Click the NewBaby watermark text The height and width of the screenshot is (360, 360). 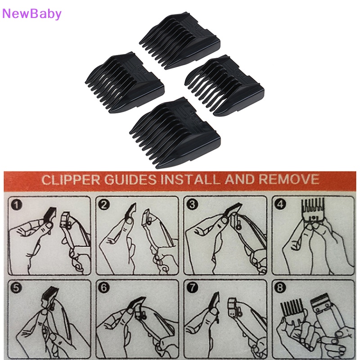coord(31,13)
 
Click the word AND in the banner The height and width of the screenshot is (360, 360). coord(237,180)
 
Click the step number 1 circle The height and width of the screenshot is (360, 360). coord(17,206)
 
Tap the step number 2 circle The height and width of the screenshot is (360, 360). coord(105,206)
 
